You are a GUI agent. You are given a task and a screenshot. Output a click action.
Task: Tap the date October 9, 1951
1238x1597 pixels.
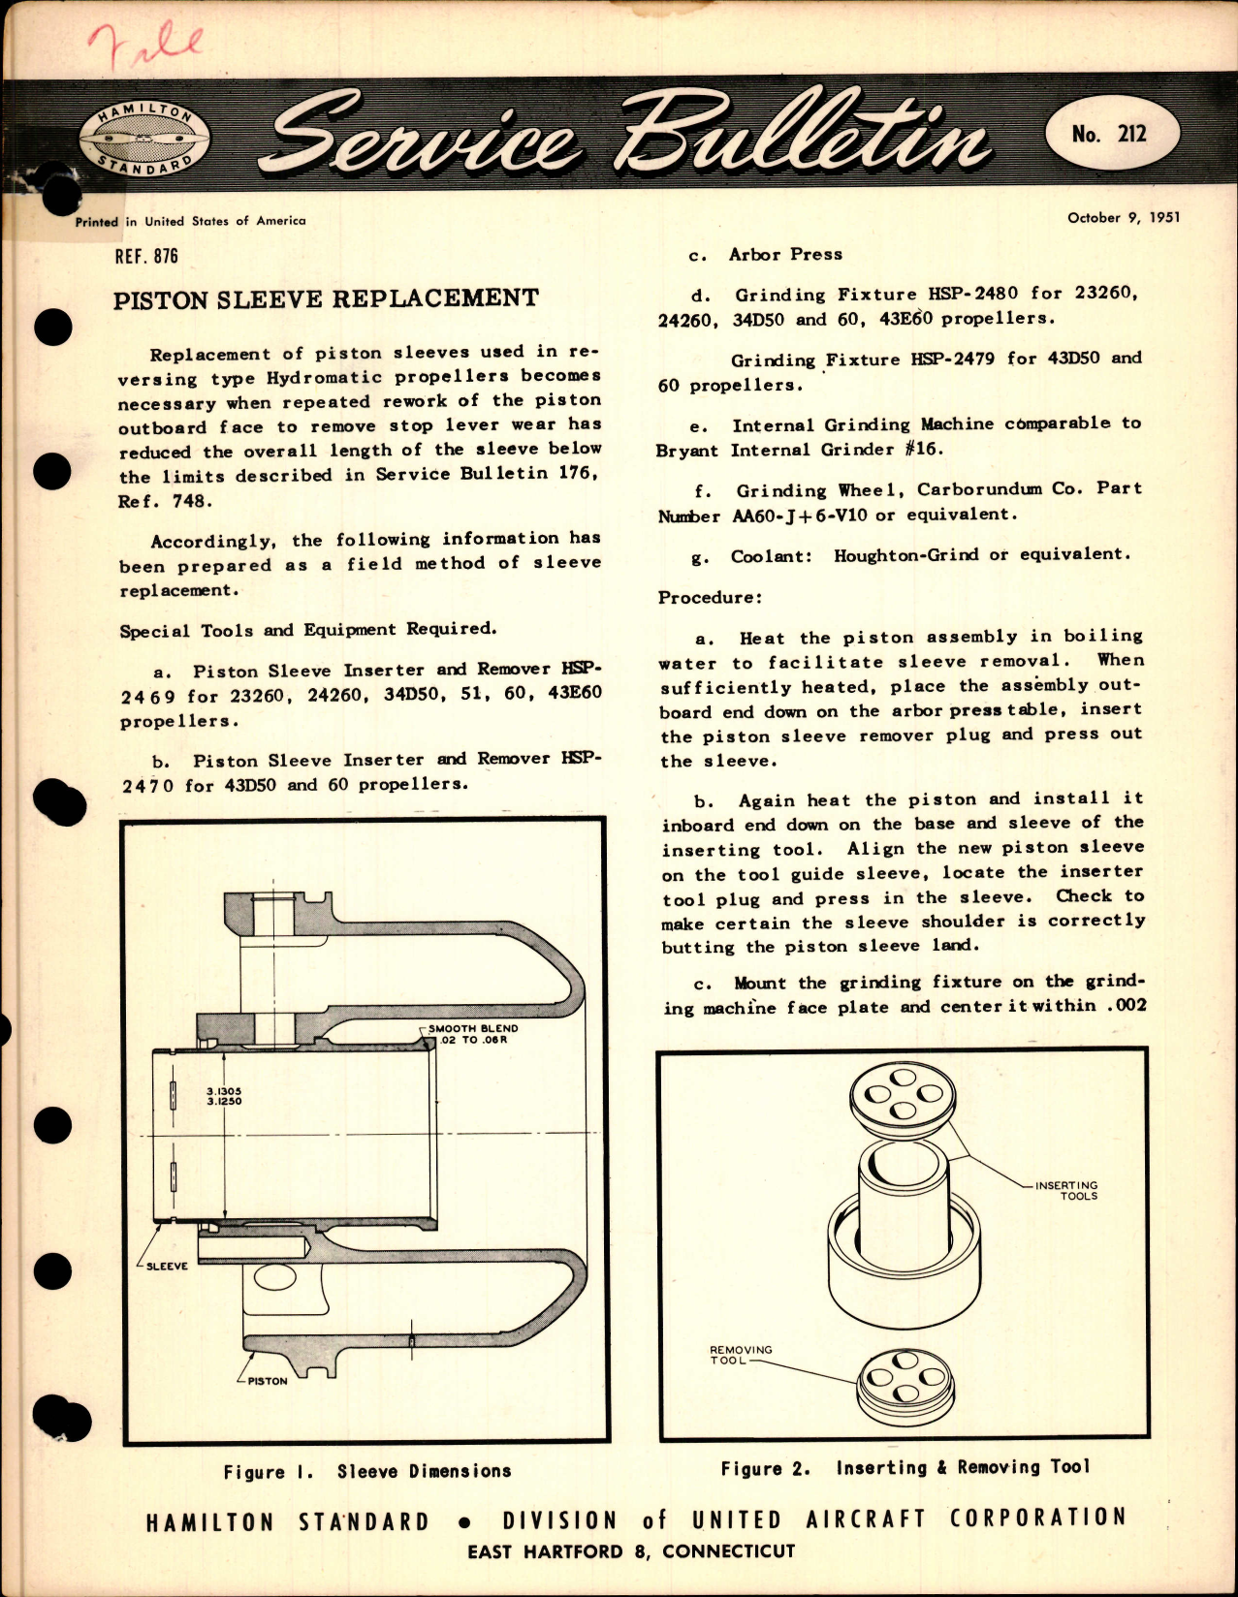[x=1124, y=218]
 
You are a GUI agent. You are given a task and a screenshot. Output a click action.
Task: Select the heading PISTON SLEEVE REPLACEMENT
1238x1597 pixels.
[x=326, y=298]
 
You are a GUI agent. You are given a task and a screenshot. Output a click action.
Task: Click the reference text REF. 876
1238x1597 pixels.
[x=146, y=256]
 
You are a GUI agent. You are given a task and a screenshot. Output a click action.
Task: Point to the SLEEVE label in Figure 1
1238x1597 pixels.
[x=167, y=1266]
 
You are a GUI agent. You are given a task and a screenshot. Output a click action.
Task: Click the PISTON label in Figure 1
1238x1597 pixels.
[x=267, y=1381]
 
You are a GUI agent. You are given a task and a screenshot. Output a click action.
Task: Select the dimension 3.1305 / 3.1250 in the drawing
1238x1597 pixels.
[x=224, y=1096]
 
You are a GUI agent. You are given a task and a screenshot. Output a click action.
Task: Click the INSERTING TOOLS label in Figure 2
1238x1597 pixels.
[x=1066, y=1190]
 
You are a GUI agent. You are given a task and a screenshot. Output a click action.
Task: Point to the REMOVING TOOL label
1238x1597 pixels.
[x=740, y=1355]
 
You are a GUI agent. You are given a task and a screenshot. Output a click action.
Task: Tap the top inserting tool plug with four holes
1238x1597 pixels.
[x=903, y=1096]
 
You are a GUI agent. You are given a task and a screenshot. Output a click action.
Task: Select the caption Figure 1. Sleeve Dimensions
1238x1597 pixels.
[x=366, y=1471]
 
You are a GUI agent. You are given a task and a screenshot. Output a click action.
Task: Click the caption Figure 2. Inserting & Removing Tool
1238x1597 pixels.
[x=905, y=1467]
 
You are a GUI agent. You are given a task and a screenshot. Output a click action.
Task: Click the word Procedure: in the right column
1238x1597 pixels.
[x=710, y=597]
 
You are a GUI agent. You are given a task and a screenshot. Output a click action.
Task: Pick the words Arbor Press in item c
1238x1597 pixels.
[x=785, y=254]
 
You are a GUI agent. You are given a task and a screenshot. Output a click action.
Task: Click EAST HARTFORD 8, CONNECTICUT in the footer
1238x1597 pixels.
[x=631, y=1551]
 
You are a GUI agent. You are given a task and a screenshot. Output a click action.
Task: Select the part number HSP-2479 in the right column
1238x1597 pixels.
[x=952, y=359]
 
